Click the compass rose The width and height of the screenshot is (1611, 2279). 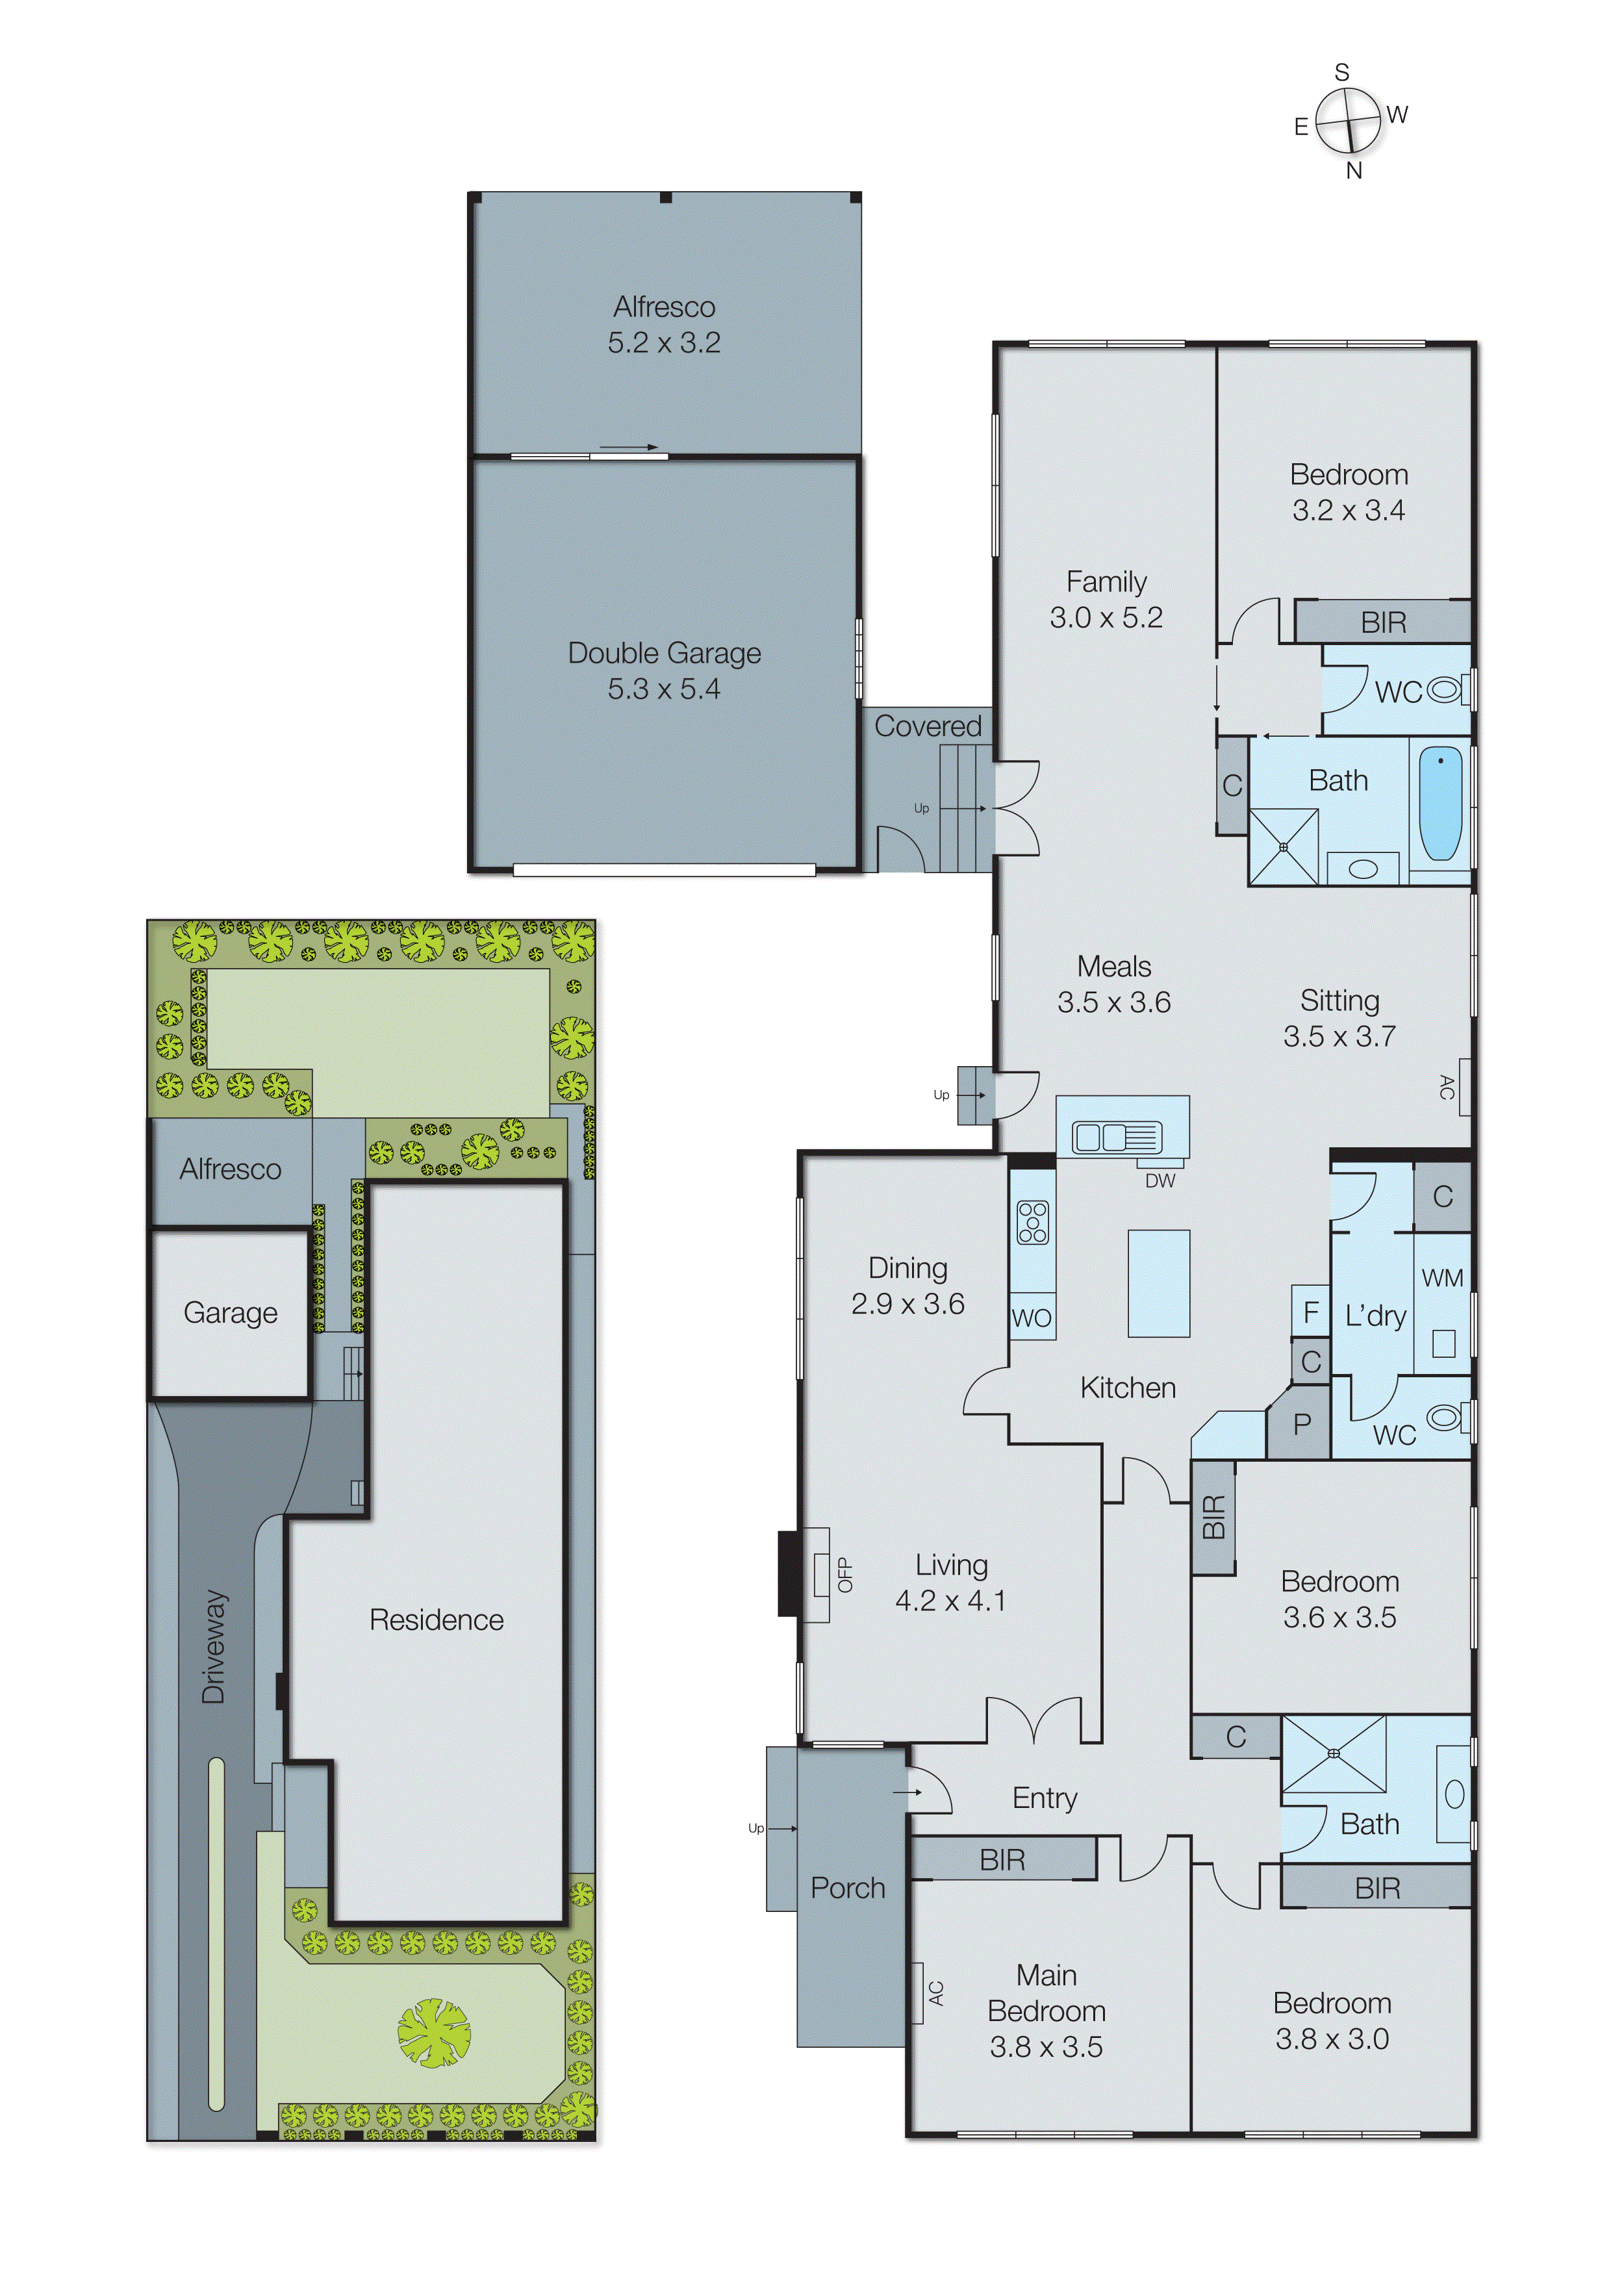coord(1348,121)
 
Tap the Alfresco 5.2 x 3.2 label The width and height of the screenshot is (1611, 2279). coord(664,325)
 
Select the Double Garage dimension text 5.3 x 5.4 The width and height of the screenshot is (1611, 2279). coord(664,689)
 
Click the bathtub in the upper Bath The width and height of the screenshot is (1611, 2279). coord(1440,805)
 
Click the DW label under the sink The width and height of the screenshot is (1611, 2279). coord(1160,1181)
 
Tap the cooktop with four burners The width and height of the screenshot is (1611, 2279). coord(1032,1222)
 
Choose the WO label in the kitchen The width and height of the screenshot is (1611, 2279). coord(1032,1318)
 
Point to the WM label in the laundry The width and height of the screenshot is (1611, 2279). coord(1442,1279)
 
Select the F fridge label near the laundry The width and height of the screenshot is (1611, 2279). coord(1310,1312)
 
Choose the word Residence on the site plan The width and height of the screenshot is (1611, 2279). coord(436,1620)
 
